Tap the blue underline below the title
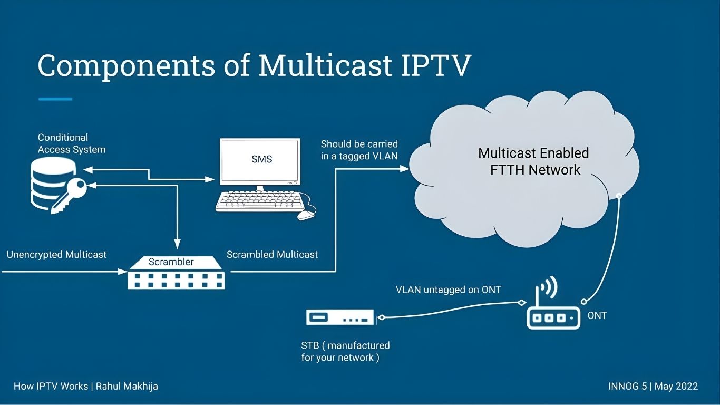click(55, 99)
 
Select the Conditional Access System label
click(71, 143)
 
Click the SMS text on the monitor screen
click(261, 159)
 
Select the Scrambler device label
click(171, 262)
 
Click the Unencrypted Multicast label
click(56, 255)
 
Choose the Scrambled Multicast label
click(272, 255)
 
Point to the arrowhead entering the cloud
click(405, 169)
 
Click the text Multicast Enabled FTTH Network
click(533, 161)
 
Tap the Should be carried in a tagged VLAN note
click(359, 150)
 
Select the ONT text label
click(597, 316)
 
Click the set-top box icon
click(339, 317)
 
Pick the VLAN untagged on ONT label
click(448, 290)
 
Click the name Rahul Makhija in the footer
click(127, 386)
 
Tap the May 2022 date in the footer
click(676, 386)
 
